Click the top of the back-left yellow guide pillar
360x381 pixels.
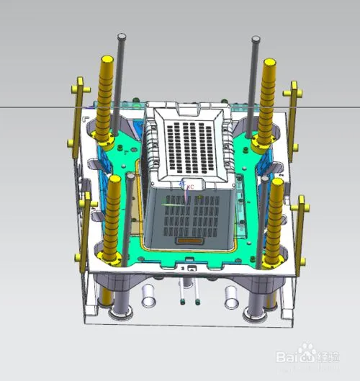(107, 60)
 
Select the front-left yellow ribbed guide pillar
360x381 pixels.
(114, 216)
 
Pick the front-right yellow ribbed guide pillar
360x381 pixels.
(276, 220)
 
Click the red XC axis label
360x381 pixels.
(191, 187)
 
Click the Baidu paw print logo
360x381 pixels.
(310, 352)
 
